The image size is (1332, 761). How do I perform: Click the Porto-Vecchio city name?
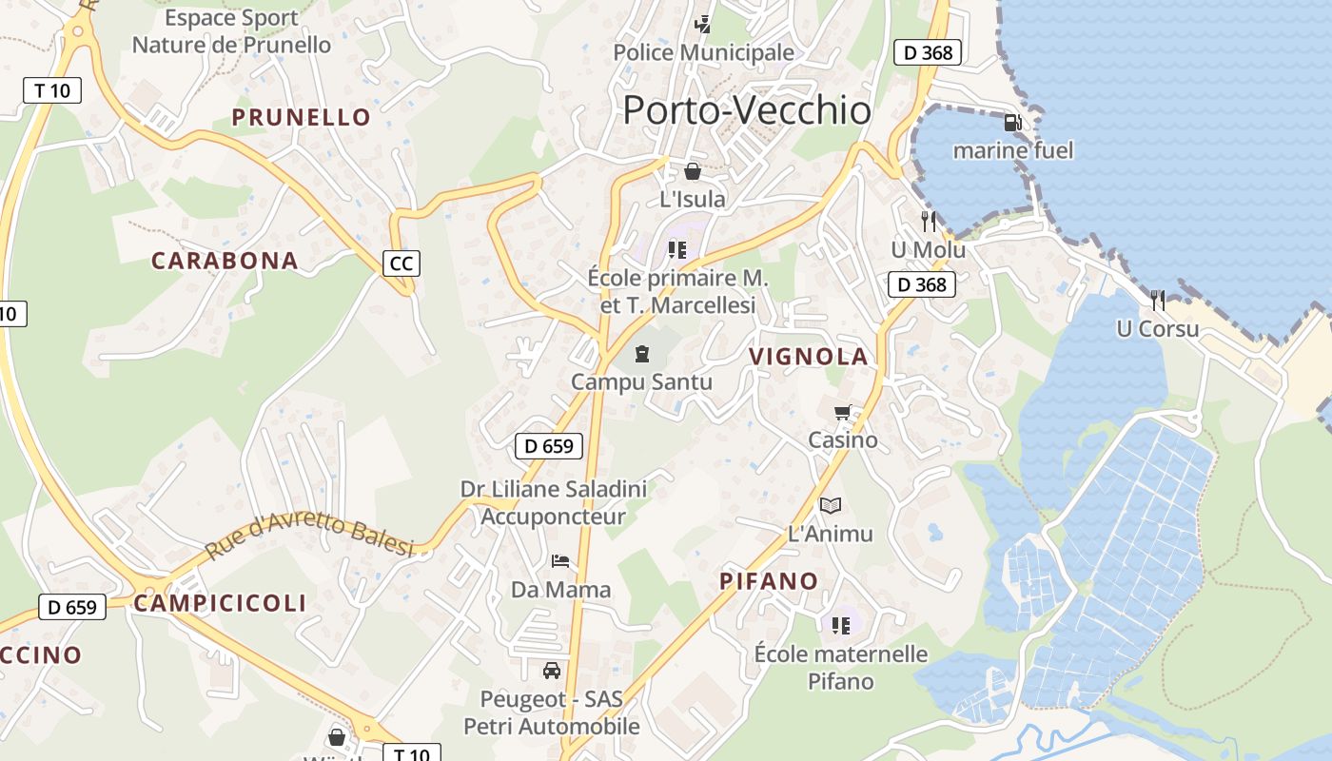(747, 110)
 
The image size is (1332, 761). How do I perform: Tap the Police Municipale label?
(703, 52)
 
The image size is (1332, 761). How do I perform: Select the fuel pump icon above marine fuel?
(1012, 123)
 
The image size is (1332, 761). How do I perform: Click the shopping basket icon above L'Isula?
(693, 172)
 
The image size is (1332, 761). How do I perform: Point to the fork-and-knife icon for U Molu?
(929, 222)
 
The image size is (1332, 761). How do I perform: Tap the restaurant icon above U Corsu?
(1157, 301)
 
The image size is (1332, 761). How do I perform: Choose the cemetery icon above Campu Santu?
(641, 354)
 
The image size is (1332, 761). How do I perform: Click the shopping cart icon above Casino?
(842, 413)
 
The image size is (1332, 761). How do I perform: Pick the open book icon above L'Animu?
(831, 505)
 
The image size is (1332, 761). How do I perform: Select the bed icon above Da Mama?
(560, 561)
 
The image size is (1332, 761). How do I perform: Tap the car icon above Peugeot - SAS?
(551, 671)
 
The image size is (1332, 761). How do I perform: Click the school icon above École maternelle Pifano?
(840, 625)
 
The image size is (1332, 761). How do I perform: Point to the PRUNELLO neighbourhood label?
(302, 117)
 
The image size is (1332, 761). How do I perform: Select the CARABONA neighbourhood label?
(225, 261)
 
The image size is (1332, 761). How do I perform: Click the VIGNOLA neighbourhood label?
(809, 357)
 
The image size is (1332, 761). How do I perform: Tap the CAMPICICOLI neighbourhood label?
(220, 602)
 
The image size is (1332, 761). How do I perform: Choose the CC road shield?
(402, 263)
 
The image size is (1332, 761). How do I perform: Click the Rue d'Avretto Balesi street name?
(310, 537)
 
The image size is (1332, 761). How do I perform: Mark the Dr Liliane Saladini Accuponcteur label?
(554, 503)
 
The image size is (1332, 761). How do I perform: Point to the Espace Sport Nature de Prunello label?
(231, 31)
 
